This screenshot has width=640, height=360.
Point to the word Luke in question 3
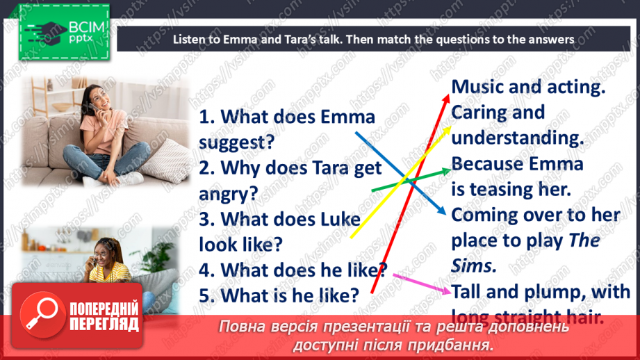[340, 219]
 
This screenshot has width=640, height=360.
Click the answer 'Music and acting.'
[529, 88]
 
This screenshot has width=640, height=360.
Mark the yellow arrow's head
[449, 126]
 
